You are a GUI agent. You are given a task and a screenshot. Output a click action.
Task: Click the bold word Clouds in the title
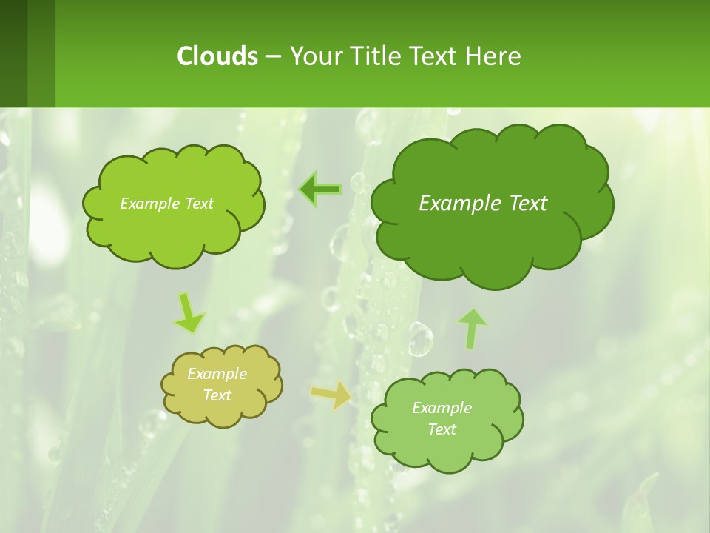coord(217,56)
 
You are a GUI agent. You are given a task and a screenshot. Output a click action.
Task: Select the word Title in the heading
coord(374,56)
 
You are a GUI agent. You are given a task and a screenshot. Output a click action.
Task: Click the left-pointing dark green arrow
coord(319,190)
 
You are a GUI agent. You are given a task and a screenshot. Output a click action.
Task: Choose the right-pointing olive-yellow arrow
coord(331,394)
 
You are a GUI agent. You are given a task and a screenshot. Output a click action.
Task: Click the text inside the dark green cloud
coord(483,203)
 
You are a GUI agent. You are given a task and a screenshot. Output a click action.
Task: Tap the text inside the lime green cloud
coord(166,203)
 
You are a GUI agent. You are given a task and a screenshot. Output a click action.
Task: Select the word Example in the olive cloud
coord(217,374)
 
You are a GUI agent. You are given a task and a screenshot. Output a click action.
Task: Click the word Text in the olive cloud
coord(217,395)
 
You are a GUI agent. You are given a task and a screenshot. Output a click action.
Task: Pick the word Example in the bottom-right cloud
coord(442,408)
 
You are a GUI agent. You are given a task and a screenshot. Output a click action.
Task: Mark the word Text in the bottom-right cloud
coord(442,429)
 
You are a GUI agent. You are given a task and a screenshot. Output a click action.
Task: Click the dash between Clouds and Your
coord(272,56)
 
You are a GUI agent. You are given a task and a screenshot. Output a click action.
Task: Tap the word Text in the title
coord(434,56)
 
